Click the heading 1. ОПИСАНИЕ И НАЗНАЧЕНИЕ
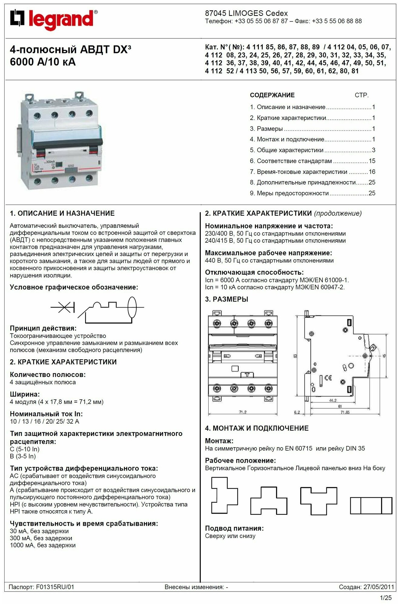point(62,213)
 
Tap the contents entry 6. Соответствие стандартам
point(294,161)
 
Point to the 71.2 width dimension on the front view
point(243,412)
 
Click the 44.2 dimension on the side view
point(332,400)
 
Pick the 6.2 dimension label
point(297,412)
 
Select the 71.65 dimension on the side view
point(345,412)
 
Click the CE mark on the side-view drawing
point(328,378)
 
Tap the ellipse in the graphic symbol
point(132,307)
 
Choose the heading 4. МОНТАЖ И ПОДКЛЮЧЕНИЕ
point(257,428)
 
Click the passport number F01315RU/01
point(55,587)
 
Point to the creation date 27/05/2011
point(379,587)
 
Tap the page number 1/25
point(386,598)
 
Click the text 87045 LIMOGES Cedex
point(246,13)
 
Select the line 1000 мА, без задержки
point(43,545)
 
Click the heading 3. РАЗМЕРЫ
point(226,299)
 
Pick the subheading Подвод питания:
point(234,528)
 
